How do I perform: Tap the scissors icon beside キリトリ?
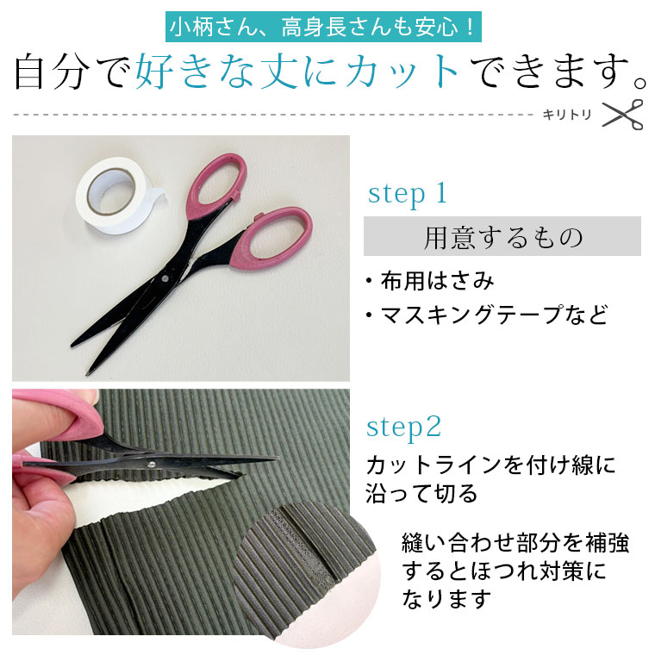pos(622,115)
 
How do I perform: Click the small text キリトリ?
pos(567,115)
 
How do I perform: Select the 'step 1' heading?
pos(408,194)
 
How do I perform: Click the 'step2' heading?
pos(403,427)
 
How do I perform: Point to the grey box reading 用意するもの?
pos(502,236)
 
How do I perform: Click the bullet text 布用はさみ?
pos(437,280)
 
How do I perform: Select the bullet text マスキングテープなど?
pos(494,315)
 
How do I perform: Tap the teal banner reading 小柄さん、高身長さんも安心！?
pos(323,28)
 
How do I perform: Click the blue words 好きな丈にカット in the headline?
pos(296,71)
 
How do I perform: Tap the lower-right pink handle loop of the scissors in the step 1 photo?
pos(271,238)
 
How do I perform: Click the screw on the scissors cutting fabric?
pos(151,464)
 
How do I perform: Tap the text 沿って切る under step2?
pos(421,493)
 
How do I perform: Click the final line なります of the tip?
pos(446,599)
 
